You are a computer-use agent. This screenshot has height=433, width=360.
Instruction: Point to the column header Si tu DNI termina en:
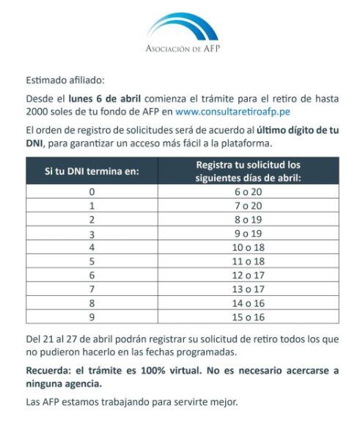(91, 171)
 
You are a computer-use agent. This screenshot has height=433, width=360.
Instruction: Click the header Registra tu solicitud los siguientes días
(248, 171)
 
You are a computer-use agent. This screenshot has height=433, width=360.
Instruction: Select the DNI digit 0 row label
(92, 192)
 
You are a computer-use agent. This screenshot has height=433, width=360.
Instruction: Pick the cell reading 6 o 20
(248, 192)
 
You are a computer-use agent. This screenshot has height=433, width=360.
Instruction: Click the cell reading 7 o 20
(248, 205)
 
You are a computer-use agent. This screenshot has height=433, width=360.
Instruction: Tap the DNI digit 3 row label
(92, 233)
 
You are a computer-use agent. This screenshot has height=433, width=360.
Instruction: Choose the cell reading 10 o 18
(248, 247)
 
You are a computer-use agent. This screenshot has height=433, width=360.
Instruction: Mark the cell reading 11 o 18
(248, 261)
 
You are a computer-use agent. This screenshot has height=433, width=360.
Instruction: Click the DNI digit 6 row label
(92, 275)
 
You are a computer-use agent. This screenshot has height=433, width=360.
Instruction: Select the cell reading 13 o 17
(248, 289)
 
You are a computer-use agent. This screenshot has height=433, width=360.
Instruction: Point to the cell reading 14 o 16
(248, 303)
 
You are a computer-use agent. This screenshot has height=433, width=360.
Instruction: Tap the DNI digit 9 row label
(92, 317)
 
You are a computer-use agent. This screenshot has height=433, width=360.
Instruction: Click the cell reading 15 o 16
(248, 317)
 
